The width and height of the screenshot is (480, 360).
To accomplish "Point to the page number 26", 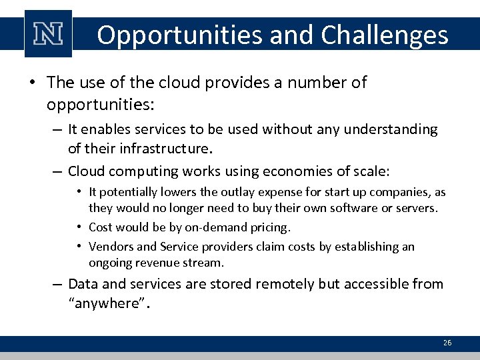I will click(x=447, y=343).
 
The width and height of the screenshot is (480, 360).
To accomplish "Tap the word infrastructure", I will click(x=164, y=148).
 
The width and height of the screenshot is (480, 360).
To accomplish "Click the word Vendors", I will click(x=111, y=247).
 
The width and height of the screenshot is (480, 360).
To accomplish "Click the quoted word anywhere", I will click(x=109, y=305).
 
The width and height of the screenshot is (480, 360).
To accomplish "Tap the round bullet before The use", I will click(x=32, y=83).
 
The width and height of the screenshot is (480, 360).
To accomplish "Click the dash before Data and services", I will click(x=59, y=284).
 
